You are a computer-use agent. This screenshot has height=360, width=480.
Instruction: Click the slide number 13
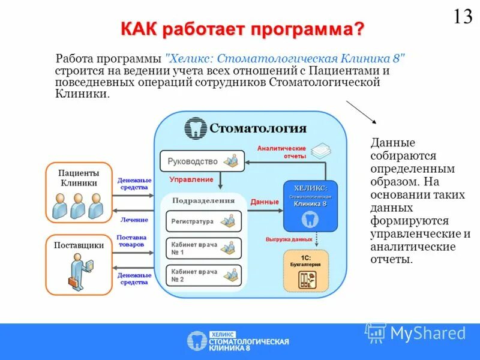tap(463, 16)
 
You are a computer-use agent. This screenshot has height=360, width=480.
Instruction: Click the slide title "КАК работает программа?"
tap(243, 29)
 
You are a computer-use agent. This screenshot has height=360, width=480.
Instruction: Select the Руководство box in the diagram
tap(202, 161)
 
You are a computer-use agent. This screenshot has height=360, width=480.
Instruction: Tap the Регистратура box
tap(203, 221)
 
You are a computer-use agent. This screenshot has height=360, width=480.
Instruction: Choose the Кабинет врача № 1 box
tap(203, 248)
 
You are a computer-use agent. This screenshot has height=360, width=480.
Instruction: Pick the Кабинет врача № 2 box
tap(203, 275)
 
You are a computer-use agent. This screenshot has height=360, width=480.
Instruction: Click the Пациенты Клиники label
tap(79, 178)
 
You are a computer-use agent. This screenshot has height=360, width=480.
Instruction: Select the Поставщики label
tap(79, 245)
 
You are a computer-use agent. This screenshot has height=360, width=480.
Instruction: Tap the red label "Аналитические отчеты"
tap(281, 152)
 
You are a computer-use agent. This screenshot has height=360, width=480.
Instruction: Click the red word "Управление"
tap(191, 179)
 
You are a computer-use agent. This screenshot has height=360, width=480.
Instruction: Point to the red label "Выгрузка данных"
tap(289, 239)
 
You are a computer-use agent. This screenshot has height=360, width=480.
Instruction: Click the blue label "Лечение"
tap(134, 220)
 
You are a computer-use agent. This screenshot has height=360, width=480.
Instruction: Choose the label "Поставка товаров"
tap(131, 241)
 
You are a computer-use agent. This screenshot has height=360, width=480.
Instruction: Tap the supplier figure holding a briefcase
tap(78, 270)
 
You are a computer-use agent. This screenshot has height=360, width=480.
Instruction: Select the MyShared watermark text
tap(427, 333)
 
